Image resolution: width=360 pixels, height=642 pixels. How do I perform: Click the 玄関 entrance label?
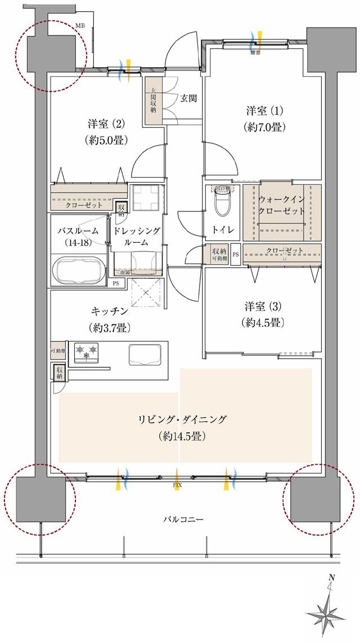(x=188, y=98)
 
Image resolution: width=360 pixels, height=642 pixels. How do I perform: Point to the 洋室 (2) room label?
(x=105, y=131)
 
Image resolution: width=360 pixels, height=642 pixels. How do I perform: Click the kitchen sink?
(x=146, y=354)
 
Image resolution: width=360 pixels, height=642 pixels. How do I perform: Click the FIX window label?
(x=177, y=483)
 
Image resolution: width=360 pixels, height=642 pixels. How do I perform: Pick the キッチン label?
(x=105, y=318)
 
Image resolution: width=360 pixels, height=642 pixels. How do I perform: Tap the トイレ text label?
(x=220, y=230)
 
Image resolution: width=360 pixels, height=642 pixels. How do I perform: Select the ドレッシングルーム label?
(x=137, y=237)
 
